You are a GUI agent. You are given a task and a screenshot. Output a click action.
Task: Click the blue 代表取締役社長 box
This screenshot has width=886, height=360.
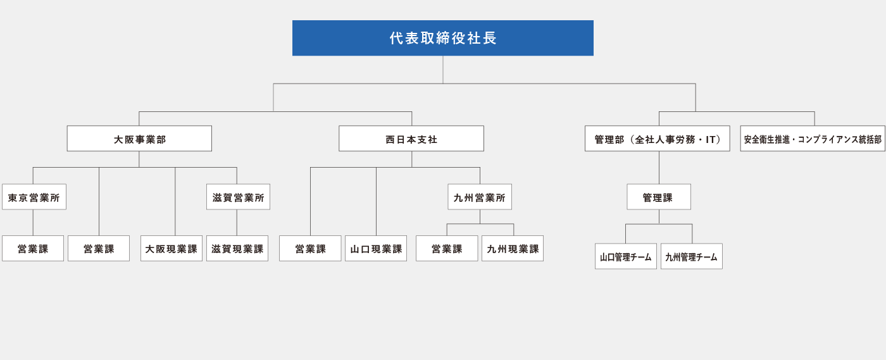(x=443, y=38)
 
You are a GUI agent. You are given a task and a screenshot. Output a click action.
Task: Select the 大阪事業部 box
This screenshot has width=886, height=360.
(x=139, y=139)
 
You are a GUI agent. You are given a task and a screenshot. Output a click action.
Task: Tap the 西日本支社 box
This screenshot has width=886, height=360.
(x=411, y=139)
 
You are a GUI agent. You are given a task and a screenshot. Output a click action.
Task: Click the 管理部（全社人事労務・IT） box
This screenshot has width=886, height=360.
(x=657, y=139)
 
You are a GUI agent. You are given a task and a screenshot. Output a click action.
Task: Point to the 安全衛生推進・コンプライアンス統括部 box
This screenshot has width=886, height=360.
(x=813, y=139)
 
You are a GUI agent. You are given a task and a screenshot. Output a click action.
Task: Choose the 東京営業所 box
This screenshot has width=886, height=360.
(x=34, y=197)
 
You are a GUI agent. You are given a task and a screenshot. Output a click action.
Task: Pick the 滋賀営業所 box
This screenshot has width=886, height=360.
(x=238, y=197)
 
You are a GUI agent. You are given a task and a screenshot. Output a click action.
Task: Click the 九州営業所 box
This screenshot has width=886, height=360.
(x=480, y=197)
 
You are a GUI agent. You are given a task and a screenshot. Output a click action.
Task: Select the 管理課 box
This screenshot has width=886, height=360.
(x=659, y=197)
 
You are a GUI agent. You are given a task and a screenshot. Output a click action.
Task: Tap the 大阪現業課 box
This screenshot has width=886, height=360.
(x=172, y=249)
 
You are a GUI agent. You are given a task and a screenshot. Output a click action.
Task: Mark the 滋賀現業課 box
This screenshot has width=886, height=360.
(x=237, y=249)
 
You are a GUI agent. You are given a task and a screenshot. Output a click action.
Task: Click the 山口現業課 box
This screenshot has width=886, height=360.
(x=376, y=249)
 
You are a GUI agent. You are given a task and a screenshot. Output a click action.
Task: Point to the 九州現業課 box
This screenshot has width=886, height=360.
(x=513, y=249)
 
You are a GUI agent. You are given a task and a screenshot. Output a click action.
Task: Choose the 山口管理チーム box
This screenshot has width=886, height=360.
(x=626, y=256)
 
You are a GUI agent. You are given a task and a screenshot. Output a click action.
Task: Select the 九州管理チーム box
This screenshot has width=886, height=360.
(x=692, y=256)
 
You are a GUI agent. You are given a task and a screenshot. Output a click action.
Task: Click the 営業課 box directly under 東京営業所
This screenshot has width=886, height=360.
(x=33, y=249)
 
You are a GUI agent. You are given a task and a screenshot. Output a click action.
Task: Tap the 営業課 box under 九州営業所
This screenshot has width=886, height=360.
(x=447, y=249)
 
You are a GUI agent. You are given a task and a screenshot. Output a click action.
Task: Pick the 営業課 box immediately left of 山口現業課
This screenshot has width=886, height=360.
(x=310, y=249)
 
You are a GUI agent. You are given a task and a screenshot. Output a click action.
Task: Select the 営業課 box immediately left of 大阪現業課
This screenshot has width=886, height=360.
(x=99, y=249)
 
